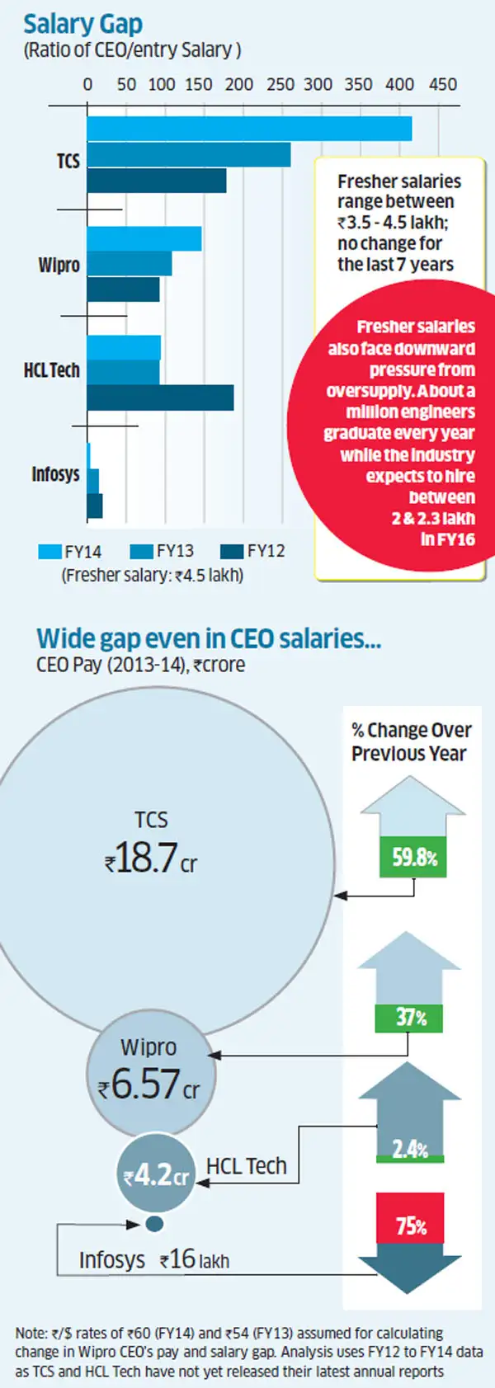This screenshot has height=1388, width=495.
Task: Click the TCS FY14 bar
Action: pyautogui.click(x=249, y=129)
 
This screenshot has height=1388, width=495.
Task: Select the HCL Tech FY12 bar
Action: pyautogui.click(x=160, y=398)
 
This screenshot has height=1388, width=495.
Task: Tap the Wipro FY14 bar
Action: pyautogui.click(x=144, y=239)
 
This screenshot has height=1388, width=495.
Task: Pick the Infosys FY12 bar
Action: pyautogui.click(x=95, y=506)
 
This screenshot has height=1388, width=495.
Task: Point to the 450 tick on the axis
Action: pyautogui.click(x=443, y=84)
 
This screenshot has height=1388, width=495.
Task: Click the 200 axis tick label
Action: pyautogui.click(x=239, y=84)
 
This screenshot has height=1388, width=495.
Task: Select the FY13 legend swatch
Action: pyautogui.click(x=142, y=552)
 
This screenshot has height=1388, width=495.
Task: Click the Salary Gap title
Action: pyautogui.click(x=82, y=24)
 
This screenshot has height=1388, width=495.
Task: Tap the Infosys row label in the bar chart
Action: pyautogui.click(x=55, y=474)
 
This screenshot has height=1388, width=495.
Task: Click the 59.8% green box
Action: pyautogui.click(x=414, y=858)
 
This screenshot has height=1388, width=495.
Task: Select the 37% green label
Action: pyautogui.click(x=409, y=1018)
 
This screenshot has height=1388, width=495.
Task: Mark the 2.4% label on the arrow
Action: pyautogui.click(x=410, y=1149)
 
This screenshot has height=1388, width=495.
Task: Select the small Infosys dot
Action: pyautogui.click(x=154, y=1224)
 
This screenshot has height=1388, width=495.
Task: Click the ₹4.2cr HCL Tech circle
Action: pyautogui.click(x=156, y=1175)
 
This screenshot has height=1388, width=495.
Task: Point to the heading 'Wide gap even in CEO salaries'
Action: pyautogui.click(x=209, y=638)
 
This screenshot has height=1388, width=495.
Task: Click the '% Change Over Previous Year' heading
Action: pyautogui.click(x=411, y=741)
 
